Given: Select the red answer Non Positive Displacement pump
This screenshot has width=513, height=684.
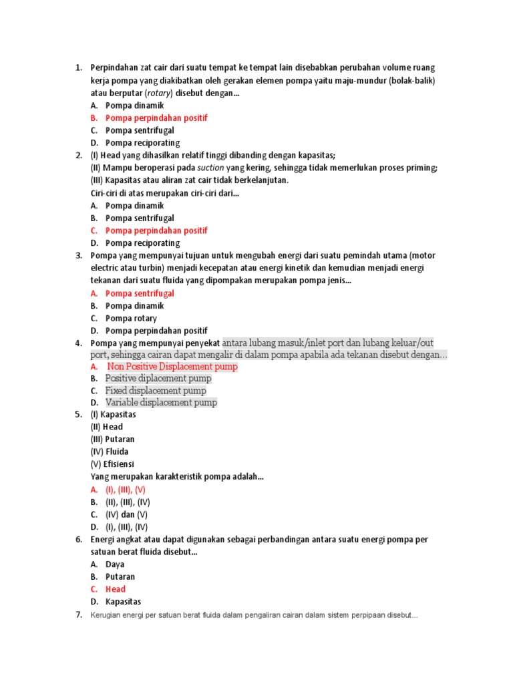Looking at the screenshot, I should pos(172,367).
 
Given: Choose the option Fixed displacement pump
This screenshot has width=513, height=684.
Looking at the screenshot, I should pos(156,391).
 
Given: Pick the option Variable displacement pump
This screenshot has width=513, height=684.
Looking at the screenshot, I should pos(161,403).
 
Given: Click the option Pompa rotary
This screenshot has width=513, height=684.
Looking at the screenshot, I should pos(131,319).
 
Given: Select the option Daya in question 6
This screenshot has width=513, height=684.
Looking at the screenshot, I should pos(115,564).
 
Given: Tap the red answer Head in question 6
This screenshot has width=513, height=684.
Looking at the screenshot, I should pos(116,589).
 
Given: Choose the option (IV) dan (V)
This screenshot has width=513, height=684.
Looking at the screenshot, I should pos(126,514).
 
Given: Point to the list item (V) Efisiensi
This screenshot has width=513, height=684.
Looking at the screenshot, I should pos(112,464).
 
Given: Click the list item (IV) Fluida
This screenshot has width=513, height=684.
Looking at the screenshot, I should pos(110,452).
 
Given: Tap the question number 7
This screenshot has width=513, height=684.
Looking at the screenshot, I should pos(78,615).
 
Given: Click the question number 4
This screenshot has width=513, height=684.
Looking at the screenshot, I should pos(78,343).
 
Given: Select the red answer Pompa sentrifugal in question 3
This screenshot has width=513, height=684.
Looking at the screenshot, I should pos(140,293).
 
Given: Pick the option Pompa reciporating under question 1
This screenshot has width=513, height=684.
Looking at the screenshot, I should pos(143,143).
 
